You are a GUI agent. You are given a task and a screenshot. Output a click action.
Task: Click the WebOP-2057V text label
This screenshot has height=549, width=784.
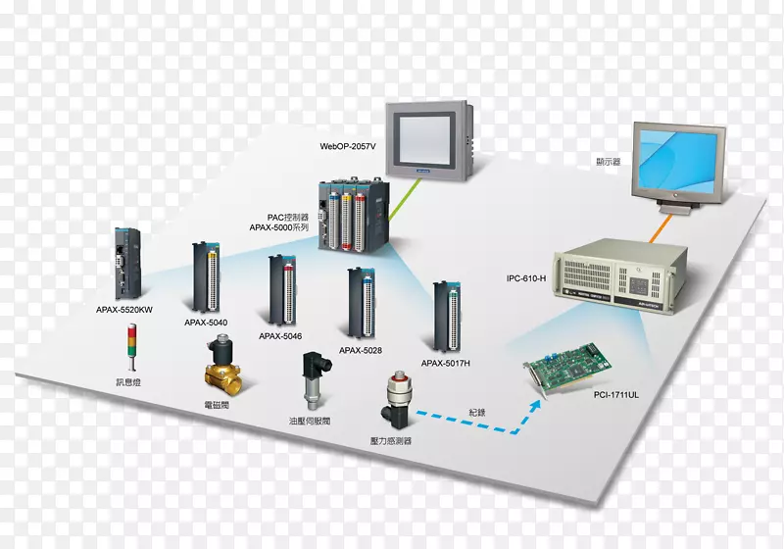click(346, 146)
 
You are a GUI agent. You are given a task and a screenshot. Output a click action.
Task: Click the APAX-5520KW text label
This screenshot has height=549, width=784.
click(123, 310)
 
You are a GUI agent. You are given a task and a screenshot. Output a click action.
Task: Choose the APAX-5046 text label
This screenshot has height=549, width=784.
click(280, 336)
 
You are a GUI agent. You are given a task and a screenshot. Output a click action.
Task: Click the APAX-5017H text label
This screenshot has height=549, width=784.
click(446, 363)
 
